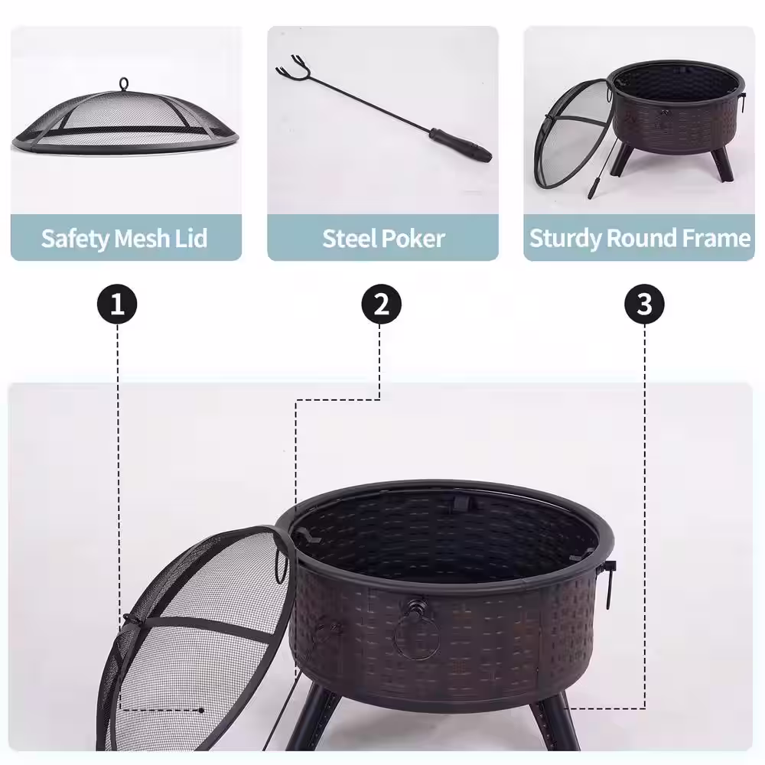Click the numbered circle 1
click(x=117, y=304)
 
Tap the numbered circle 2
click(x=382, y=304)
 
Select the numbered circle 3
click(x=644, y=304)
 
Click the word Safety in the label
click(x=76, y=239)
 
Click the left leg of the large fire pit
click(x=312, y=718)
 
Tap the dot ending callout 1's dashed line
click(x=201, y=711)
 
